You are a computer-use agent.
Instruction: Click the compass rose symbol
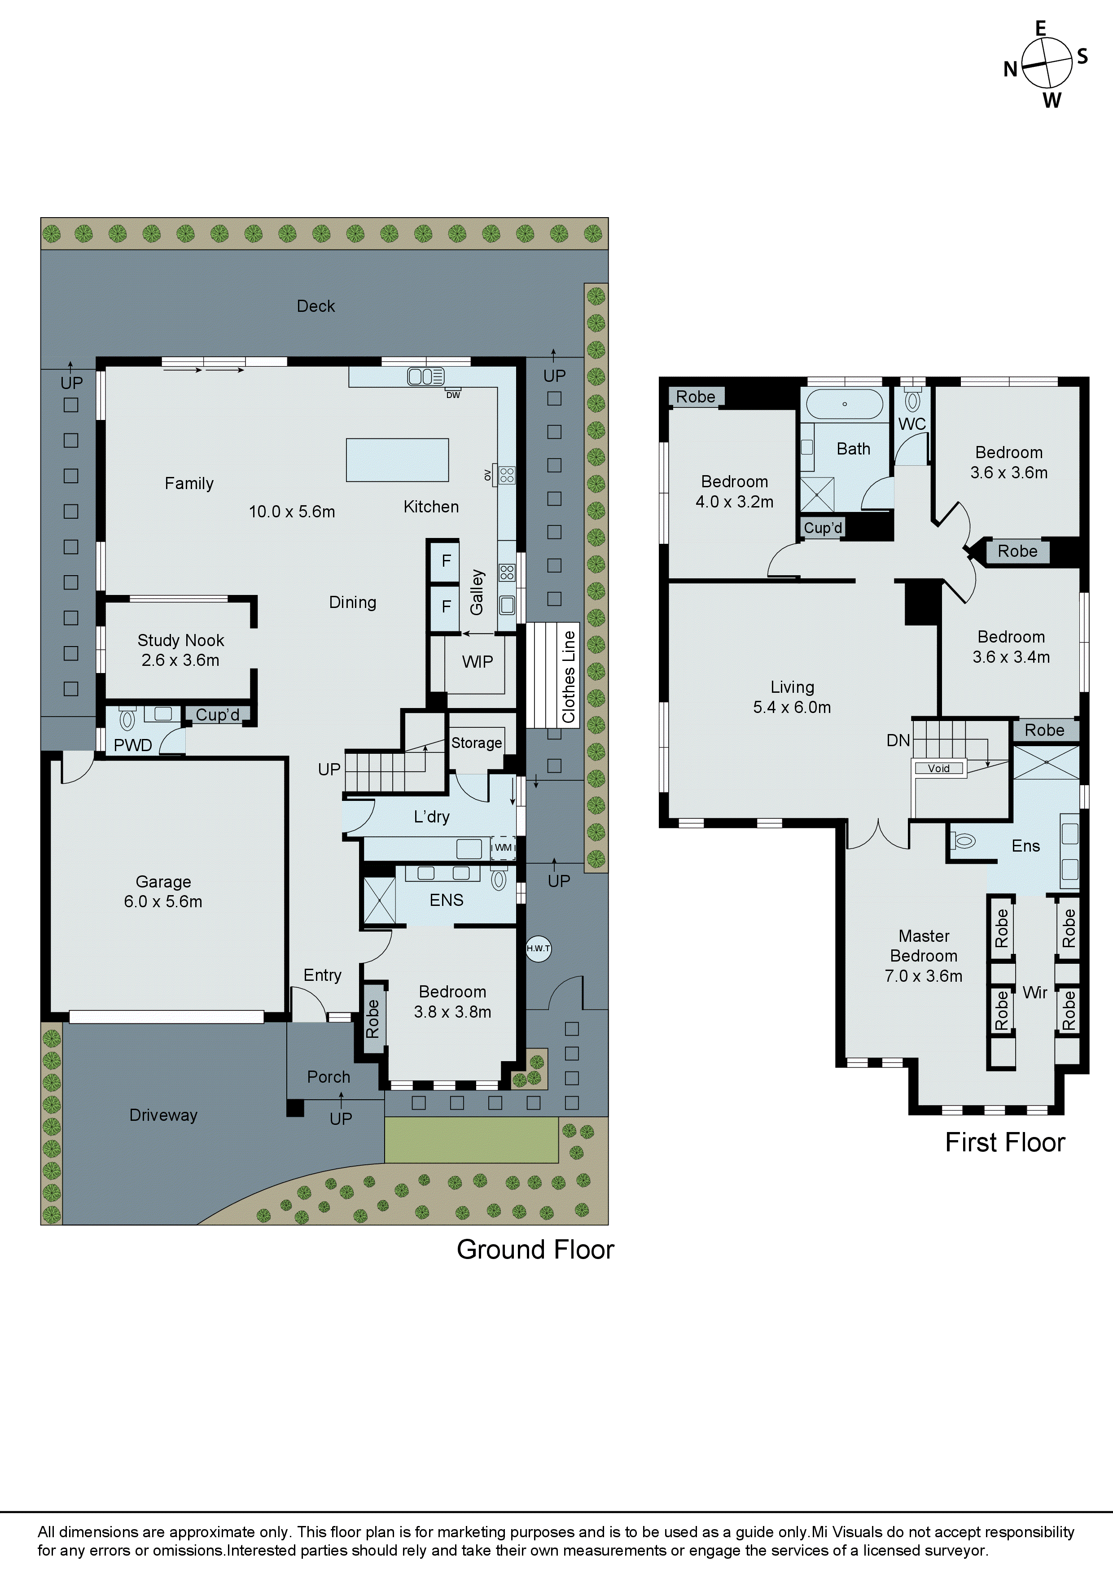coord(1047,63)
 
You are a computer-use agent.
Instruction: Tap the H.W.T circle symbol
coord(539,948)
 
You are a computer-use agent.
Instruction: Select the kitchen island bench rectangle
coord(397,460)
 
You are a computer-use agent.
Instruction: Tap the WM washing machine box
coord(504,847)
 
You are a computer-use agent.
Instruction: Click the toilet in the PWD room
coord(127,719)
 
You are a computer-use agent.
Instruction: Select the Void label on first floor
coord(939,769)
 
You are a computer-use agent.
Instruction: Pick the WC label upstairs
coord(912,424)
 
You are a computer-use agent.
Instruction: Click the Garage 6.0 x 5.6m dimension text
coord(163,901)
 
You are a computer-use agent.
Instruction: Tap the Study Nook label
coord(180,640)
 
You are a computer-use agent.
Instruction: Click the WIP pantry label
coord(478,661)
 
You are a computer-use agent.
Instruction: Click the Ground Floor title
coord(535,1250)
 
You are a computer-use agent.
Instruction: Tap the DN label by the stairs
coord(898,740)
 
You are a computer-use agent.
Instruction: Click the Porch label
coord(329,1077)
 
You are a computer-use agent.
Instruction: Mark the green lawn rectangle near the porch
coord(471,1139)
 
